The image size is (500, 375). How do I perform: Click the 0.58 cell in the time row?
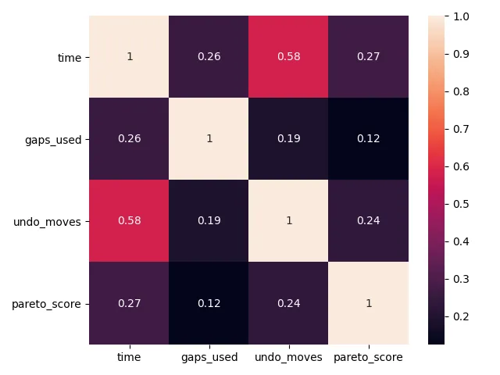click(x=288, y=57)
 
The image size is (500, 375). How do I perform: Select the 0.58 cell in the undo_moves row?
click(x=129, y=220)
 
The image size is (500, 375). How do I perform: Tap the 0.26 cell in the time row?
click(x=209, y=57)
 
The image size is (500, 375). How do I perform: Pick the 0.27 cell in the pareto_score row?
click(x=129, y=302)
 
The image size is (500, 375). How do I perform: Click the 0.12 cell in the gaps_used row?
click(x=368, y=139)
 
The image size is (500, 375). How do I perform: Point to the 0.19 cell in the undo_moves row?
click(x=209, y=220)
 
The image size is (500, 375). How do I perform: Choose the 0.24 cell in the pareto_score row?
click(x=288, y=302)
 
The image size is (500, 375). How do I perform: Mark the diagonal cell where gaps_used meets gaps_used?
click(x=209, y=139)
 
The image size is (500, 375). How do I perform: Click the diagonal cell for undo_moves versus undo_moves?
click(x=288, y=220)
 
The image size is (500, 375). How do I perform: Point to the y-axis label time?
click(x=70, y=57)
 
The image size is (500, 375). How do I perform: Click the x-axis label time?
click(x=129, y=357)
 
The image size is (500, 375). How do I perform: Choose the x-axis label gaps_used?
click(x=209, y=357)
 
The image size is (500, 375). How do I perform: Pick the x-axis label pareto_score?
click(x=368, y=357)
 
